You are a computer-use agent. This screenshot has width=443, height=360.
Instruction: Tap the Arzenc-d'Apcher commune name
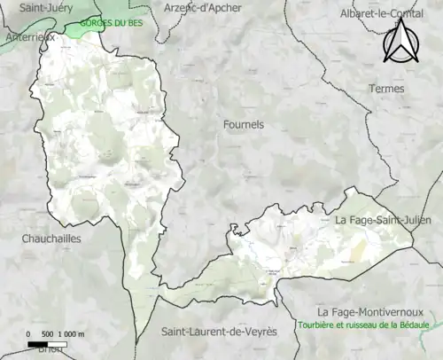202,8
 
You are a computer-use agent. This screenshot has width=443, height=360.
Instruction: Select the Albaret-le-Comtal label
381,13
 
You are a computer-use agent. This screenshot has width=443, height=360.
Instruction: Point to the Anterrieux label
28,37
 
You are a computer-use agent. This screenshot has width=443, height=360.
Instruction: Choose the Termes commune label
386,89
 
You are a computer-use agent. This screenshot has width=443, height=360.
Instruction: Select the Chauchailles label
52,239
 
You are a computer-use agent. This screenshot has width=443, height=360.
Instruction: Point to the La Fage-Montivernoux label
369,312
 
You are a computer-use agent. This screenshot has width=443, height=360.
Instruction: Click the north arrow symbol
400,41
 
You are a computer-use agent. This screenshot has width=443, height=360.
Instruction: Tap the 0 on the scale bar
30,333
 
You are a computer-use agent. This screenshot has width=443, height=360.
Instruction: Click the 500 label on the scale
50,333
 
